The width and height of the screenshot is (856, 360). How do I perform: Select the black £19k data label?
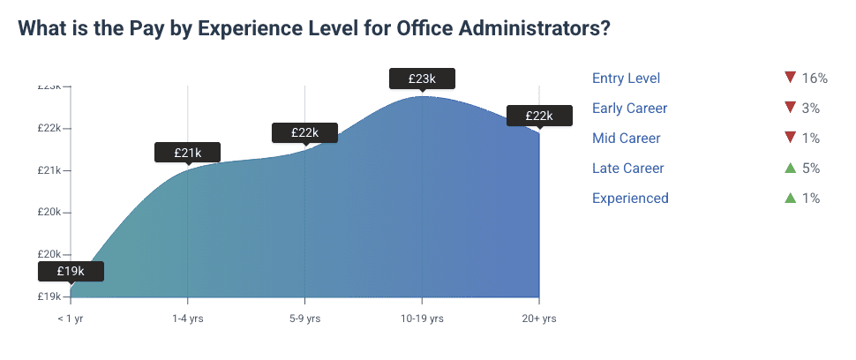[71, 271]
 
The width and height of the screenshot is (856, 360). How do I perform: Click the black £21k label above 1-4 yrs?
[187, 153]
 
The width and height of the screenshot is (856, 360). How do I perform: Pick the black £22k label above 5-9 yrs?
[304, 132]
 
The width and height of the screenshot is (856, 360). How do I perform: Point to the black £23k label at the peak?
[422, 79]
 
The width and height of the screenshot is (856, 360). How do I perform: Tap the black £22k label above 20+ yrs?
[538, 116]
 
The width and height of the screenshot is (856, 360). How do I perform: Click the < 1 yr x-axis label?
[71, 318]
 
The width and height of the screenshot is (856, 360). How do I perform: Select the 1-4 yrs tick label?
[187, 318]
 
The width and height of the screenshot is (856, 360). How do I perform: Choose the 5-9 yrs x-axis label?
[304, 318]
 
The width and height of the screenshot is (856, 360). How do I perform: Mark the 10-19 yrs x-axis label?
[422, 318]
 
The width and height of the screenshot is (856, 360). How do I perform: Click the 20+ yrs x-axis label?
[538, 318]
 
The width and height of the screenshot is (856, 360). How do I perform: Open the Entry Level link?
[626, 79]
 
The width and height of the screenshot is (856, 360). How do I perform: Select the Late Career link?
[627, 168]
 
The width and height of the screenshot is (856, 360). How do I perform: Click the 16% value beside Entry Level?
[814, 79]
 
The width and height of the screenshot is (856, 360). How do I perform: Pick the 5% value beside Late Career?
[811, 168]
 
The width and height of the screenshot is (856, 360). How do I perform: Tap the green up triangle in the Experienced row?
[790, 198]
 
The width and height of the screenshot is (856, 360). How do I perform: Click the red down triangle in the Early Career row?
[790, 108]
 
